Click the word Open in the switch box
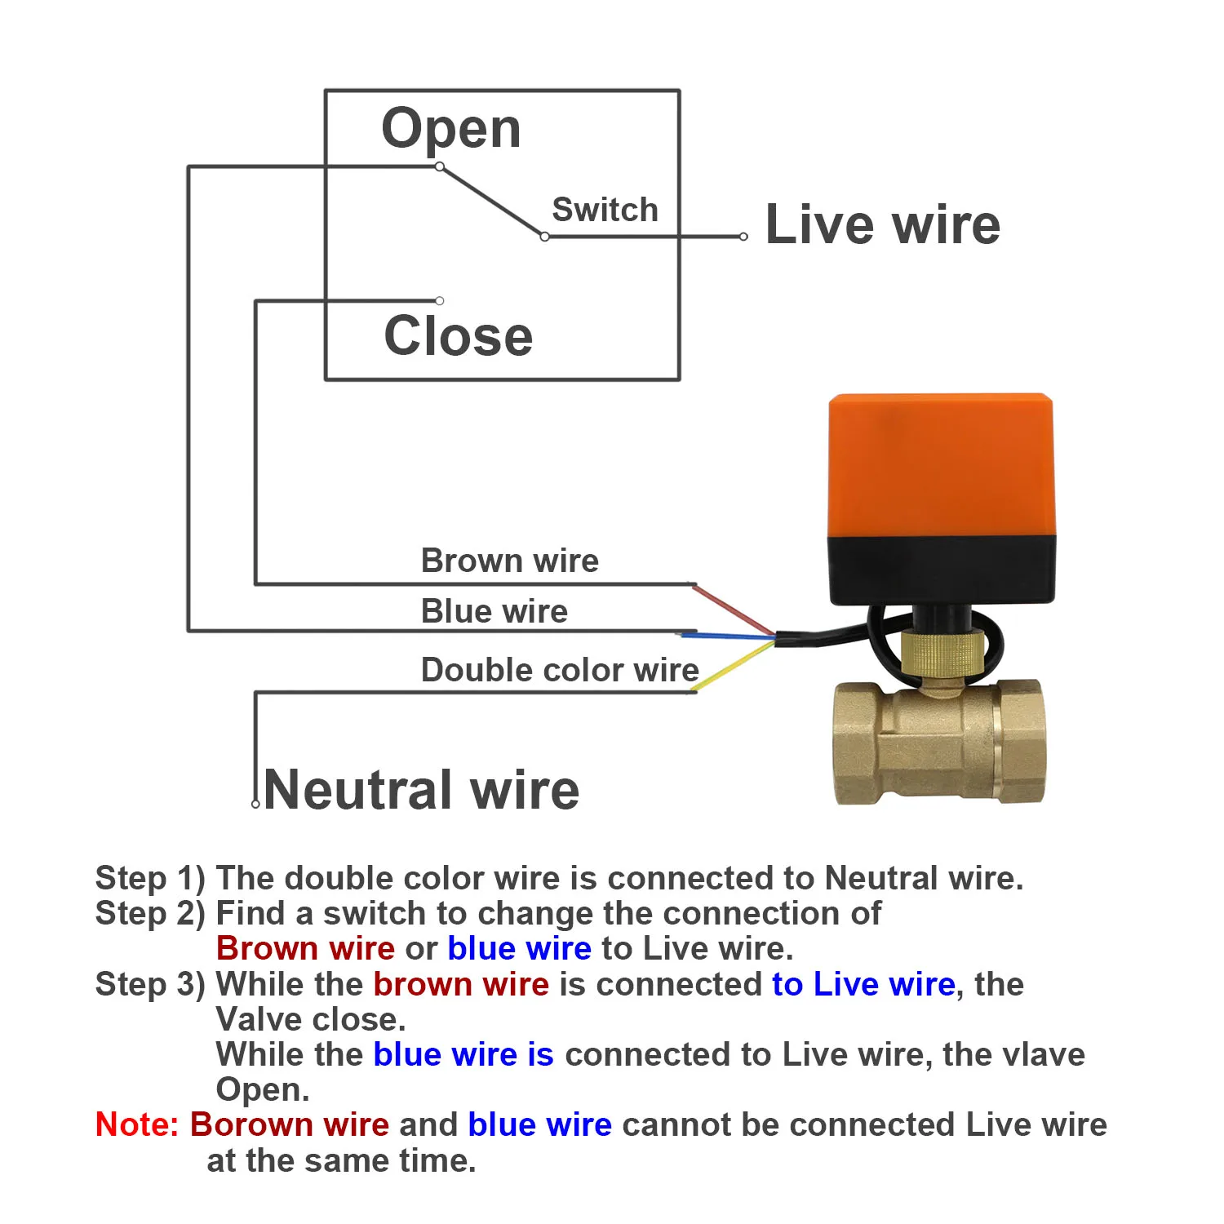(451, 129)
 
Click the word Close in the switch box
(459, 335)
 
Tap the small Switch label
(605, 210)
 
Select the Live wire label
(883, 224)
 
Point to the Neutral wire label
(422, 790)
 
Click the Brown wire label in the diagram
(510, 561)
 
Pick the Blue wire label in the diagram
(494, 611)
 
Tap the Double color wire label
(560, 670)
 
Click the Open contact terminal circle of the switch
(440, 166)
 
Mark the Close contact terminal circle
(440, 301)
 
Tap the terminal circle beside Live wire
(743, 237)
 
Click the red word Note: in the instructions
(137, 1124)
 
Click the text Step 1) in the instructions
(151, 879)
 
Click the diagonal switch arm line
(492, 202)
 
